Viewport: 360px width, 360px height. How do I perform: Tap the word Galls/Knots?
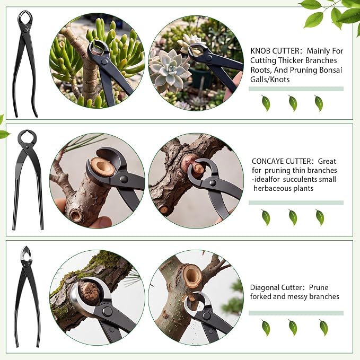pyautogui.click(x=270, y=80)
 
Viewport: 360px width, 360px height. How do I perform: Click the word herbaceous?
pyautogui.click(x=269, y=188)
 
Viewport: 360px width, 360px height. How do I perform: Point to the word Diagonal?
pyautogui.click(x=263, y=287)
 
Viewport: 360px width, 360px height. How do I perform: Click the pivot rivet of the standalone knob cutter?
pyautogui.click(x=25, y=30)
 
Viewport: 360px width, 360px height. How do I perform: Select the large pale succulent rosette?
pyautogui.click(x=170, y=69)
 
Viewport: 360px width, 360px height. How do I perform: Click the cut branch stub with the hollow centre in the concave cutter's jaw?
pyautogui.click(x=102, y=167)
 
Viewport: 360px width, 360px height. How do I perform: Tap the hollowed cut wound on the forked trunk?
pyautogui.click(x=191, y=276)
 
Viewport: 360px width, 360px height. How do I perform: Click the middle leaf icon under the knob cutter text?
pyautogui.click(x=293, y=103)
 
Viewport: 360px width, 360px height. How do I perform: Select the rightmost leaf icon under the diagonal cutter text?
pyautogui.click(x=323, y=328)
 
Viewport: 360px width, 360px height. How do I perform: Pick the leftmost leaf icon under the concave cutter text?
pyautogui.click(x=266, y=217)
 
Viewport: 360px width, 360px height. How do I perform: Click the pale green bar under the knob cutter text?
pyautogui.click(x=296, y=89)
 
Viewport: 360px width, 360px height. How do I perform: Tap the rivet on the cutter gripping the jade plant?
pyautogui.click(x=104, y=62)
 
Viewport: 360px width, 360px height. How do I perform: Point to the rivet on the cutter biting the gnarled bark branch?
pyautogui.click(x=213, y=183)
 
